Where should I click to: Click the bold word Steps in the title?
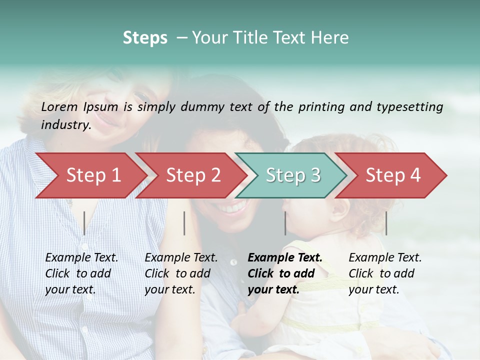[145, 38]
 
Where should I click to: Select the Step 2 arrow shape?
[193, 175]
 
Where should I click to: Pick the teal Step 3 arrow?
[293, 175]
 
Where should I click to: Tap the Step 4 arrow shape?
[393, 175]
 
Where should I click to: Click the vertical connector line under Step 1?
[84, 223]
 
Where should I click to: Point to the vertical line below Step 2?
[184, 223]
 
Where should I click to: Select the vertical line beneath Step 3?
[285, 223]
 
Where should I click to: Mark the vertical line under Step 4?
[386, 223]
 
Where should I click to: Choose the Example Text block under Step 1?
[81, 273]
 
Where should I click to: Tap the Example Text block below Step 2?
[181, 273]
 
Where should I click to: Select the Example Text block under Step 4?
[385, 273]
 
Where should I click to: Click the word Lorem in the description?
[59, 107]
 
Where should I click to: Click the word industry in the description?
[65, 125]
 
